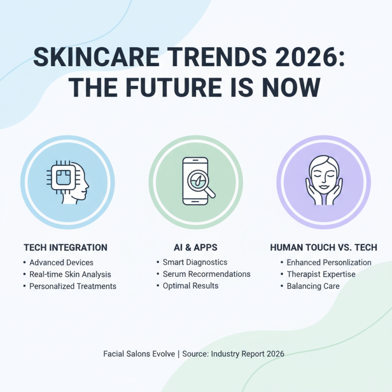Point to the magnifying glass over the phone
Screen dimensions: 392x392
(x=201, y=185)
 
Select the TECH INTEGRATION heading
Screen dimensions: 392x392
(x=66, y=247)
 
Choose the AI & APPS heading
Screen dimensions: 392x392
(x=196, y=247)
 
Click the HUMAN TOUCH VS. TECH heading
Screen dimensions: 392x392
(x=323, y=247)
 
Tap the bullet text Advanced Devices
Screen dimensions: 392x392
(x=61, y=263)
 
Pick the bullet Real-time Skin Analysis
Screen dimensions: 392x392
(x=70, y=274)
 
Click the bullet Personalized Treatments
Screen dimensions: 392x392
(x=73, y=286)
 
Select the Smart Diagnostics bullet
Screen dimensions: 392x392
(x=195, y=263)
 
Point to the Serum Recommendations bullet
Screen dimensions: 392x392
(x=206, y=274)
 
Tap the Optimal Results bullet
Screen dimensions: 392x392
(x=191, y=286)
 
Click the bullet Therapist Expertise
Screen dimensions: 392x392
(x=321, y=274)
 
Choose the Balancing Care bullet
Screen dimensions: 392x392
(x=313, y=286)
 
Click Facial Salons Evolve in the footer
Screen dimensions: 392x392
(x=139, y=353)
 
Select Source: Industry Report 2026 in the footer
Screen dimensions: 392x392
(x=233, y=353)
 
